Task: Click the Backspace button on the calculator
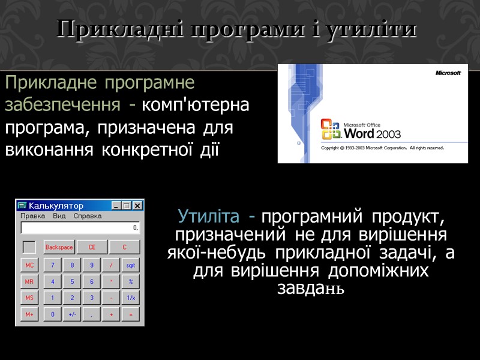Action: (59, 247)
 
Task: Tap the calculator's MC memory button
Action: (29, 265)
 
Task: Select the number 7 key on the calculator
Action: (52, 265)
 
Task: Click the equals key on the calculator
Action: (130, 314)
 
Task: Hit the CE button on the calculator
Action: (92, 247)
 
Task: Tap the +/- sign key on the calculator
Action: (72, 314)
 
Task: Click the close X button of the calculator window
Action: (137, 206)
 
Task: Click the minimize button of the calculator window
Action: (116, 206)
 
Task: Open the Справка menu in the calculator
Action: (88, 216)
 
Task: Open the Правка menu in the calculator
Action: (32, 216)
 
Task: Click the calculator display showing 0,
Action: (80, 228)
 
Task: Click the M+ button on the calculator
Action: (29, 314)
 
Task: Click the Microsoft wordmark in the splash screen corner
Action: (448, 73)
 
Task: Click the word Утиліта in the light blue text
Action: (211, 215)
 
